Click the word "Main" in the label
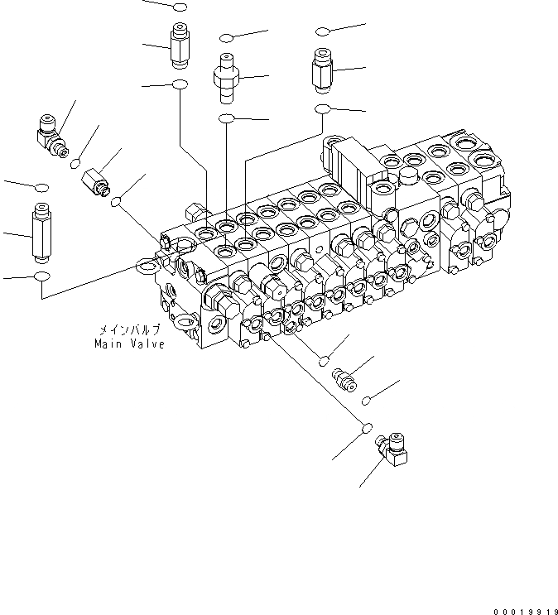pos(108,344)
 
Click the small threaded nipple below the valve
pos(342,380)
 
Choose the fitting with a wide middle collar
pos(226,74)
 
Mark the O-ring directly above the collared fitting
pos(228,37)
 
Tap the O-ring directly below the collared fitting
pos(228,120)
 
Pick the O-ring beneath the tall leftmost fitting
pos(41,275)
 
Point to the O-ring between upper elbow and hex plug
pos(77,161)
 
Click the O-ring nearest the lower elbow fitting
pos(364,428)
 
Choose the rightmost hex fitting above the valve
pos(323,70)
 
